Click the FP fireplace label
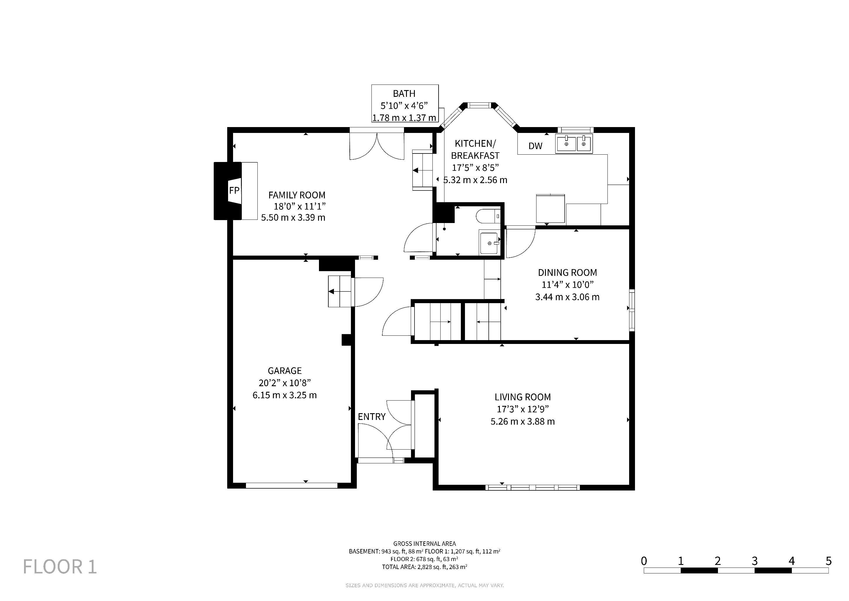pos(234,190)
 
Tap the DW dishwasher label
pos(535,146)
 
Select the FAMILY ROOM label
pos(297,195)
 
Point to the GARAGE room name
pos(284,370)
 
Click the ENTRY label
pos(372,417)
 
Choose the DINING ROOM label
pos(567,273)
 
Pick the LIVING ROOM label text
pos(522,397)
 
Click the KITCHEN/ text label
pos(475,144)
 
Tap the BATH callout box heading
pos(404,94)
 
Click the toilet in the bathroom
pos(488,216)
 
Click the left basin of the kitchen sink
pos(566,143)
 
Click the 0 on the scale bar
pos(644,561)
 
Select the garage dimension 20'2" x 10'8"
pos(284,383)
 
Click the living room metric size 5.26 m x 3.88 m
pos(522,421)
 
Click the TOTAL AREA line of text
pos(424,567)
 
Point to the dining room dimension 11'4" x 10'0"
pos(567,285)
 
